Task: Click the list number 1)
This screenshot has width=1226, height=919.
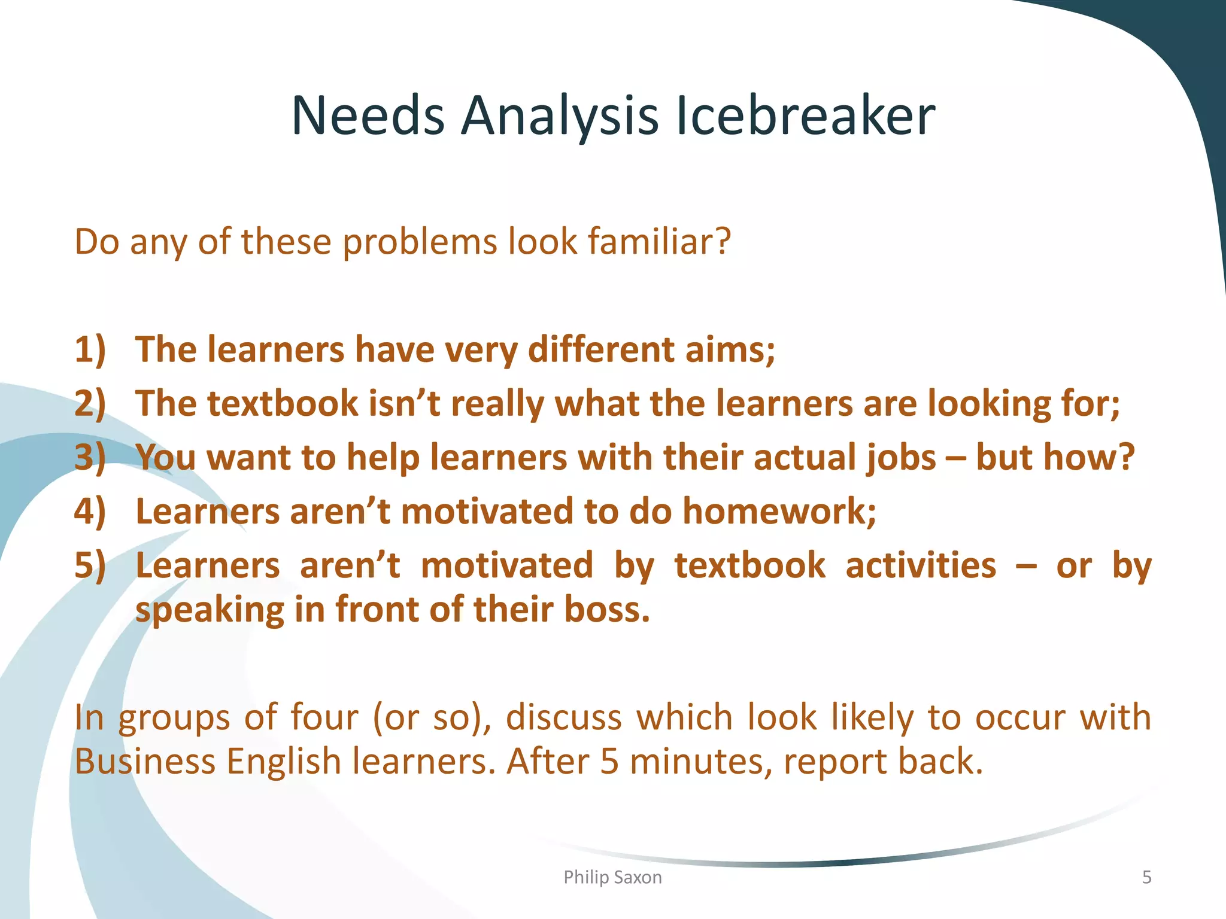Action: click(90, 349)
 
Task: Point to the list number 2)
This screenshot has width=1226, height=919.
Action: click(90, 403)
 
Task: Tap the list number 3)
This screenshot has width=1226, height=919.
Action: click(90, 457)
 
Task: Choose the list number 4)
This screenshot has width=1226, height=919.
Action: click(90, 512)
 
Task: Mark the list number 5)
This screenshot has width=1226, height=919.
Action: click(90, 565)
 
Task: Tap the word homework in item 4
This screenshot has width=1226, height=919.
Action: click(779, 512)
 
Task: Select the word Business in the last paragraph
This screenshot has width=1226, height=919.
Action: click(144, 762)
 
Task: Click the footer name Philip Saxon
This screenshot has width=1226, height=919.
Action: click(612, 877)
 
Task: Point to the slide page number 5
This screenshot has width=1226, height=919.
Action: click(1146, 877)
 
